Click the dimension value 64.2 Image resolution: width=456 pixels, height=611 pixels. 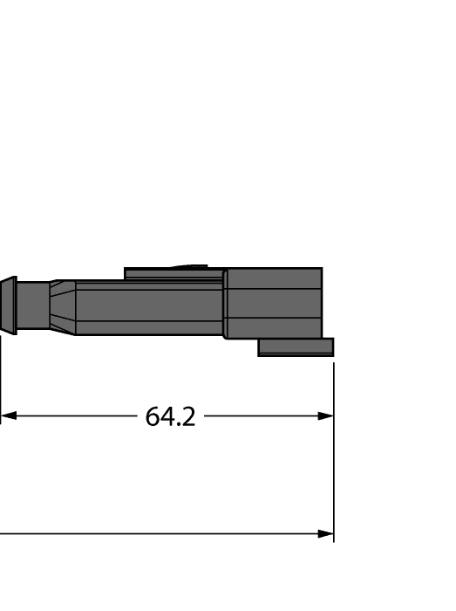click(x=170, y=417)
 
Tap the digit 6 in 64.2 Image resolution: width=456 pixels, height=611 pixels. click(x=153, y=417)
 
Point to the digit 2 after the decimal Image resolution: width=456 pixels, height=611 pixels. click(x=188, y=417)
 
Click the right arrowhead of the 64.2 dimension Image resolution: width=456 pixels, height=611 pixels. click(x=325, y=416)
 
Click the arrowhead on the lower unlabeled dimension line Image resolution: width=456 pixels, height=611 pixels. click(x=325, y=534)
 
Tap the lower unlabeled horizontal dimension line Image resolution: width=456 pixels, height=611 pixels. click(x=157, y=534)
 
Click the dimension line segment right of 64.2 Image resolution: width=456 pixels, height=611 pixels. click(x=262, y=416)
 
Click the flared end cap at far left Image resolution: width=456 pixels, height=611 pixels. click(x=9, y=305)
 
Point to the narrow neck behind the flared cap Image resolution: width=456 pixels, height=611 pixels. click(x=33, y=305)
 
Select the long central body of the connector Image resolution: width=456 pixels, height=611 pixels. click(x=148, y=307)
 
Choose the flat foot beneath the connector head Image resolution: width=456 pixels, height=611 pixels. click(x=296, y=347)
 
